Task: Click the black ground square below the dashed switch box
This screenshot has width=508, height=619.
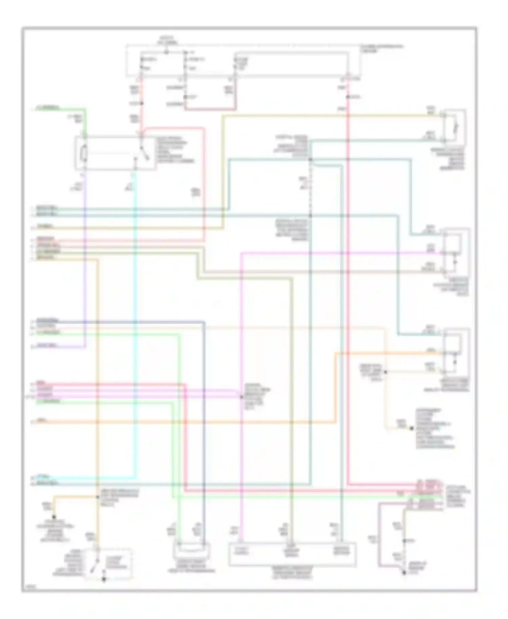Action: [x=104, y=579]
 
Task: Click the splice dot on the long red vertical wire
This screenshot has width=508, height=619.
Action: [x=348, y=97]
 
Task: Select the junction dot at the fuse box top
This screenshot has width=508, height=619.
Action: [x=166, y=52]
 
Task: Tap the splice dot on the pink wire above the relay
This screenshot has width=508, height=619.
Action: [x=142, y=103]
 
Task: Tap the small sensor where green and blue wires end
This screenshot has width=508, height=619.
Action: [x=191, y=552]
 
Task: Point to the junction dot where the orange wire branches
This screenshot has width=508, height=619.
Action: [x=98, y=497]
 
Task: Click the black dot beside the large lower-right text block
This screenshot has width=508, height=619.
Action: [x=412, y=428]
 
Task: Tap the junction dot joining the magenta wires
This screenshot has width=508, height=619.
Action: [x=241, y=397]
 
